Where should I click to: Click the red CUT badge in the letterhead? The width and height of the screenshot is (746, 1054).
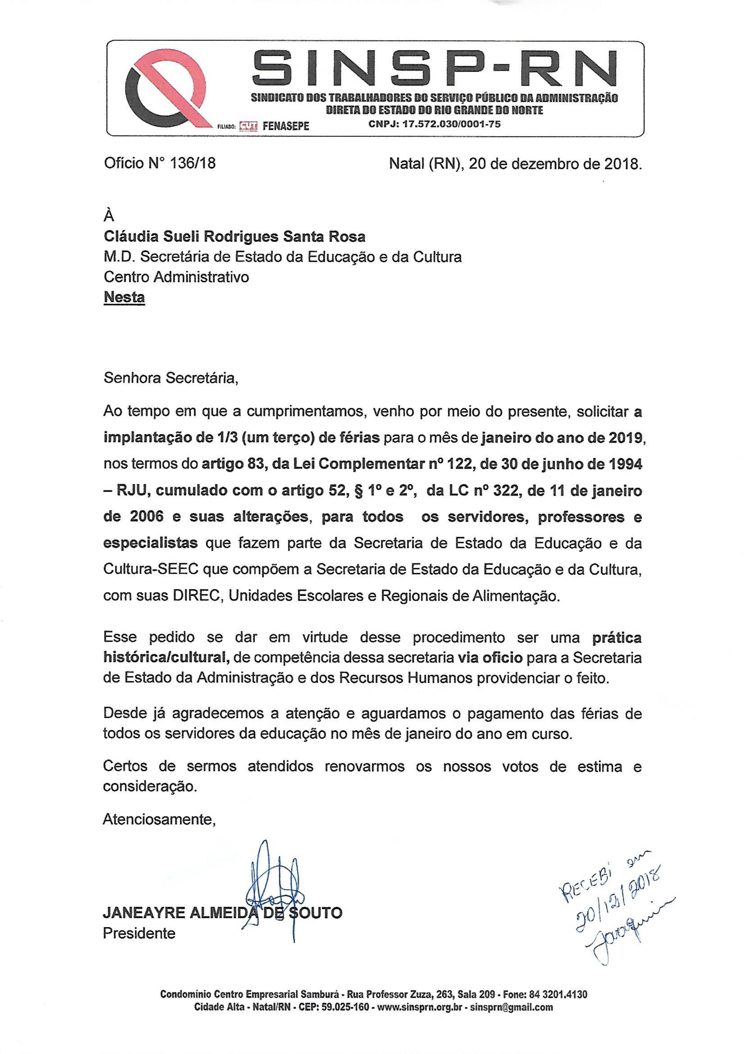click(x=248, y=125)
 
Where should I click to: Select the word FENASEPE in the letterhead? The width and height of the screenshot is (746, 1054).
click(x=286, y=126)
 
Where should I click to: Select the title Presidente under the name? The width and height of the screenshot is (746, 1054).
click(x=139, y=934)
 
